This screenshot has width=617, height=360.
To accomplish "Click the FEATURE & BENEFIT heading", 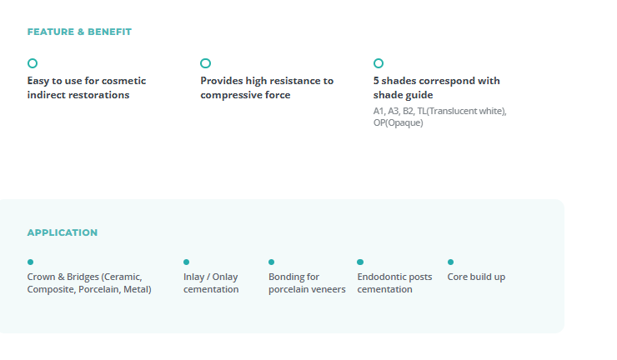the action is pyautogui.click(x=79, y=32).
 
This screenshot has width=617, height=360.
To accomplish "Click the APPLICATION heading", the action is pyautogui.click(x=63, y=232).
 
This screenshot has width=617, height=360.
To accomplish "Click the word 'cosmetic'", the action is pyautogui.click(x=123, y=81).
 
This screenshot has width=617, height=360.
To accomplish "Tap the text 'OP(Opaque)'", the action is pyautogui.click(x=399, y=122).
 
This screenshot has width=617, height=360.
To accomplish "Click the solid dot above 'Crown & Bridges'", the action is pyautogui.click(x=30, y=262).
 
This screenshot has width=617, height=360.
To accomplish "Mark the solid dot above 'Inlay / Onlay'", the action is pyautogui.click(x=187, y=262).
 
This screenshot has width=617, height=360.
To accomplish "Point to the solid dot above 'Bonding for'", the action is pyautogui.click(x=272, y=262).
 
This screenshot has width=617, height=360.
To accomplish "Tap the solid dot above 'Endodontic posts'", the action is pyautogui.click(x=360, y=262).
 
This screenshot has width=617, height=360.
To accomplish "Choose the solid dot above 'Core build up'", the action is pyautogui.click(x=450, y=262).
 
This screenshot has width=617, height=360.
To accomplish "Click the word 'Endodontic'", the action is pyautogui.click(x=379, y=277).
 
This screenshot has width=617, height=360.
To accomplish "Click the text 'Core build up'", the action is pyautogui.click(x=476, y=277).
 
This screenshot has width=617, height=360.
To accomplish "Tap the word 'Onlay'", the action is pyautogui.click(x=225, y=277).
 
